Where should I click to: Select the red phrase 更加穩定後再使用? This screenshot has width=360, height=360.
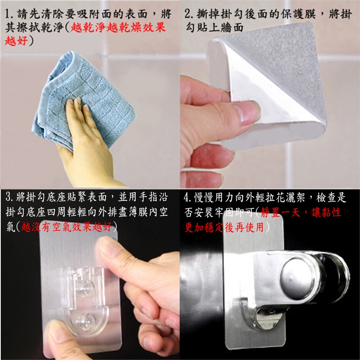[224, 227]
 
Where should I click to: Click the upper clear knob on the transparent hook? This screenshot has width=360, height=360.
[85, 288]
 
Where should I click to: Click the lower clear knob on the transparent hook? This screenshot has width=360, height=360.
[85, 319]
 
